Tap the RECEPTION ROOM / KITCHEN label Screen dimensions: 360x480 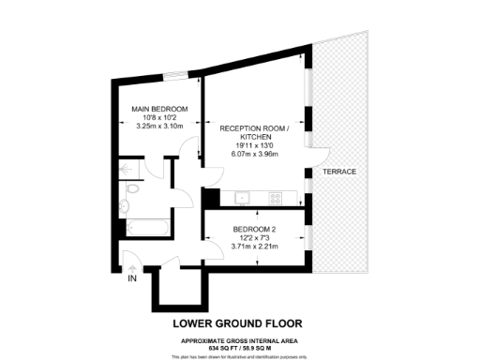[x=252, y=131]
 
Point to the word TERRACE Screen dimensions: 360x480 [x=338, y=172]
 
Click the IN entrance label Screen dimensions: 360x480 [x=132, y=277]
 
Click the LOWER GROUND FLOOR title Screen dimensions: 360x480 [x=241, y=324]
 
